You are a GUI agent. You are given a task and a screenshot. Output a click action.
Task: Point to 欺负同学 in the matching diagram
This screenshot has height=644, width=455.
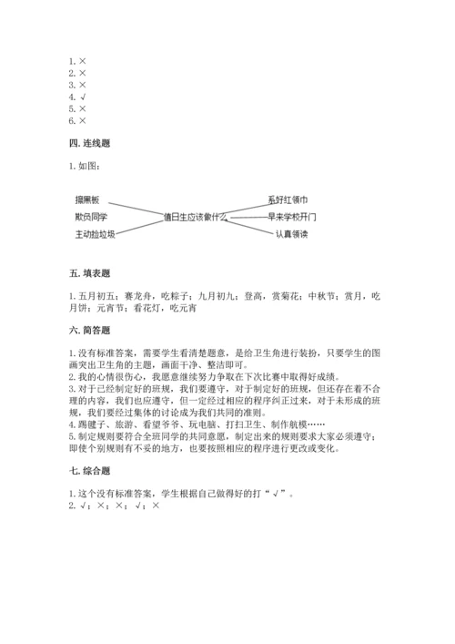92,217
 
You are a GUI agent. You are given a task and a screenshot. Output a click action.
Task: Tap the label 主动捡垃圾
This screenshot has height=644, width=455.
96,234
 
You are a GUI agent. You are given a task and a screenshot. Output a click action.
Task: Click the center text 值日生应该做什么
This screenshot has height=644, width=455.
193,218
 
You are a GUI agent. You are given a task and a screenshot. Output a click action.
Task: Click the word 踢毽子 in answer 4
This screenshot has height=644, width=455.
91,424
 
